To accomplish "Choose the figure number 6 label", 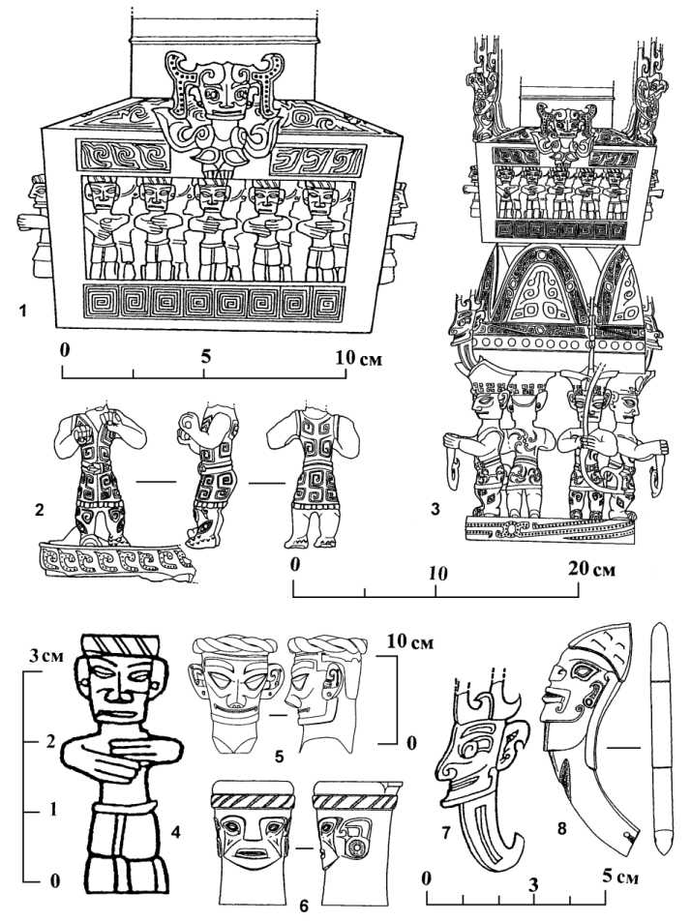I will click(x=303, y=906).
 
